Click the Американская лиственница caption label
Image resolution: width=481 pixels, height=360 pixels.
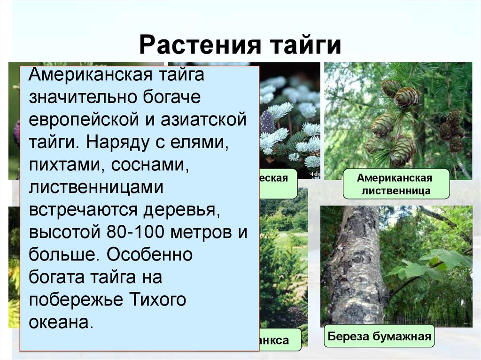click(x=394, y=184)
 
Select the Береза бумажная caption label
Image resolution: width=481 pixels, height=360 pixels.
click(x=379, y=337)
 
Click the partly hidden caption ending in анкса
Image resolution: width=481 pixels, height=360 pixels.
click(x=280, y=340)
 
